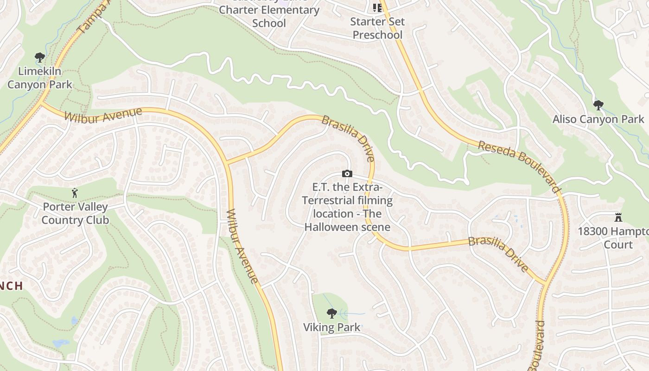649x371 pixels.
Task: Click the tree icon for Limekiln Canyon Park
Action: (x=40, y=58)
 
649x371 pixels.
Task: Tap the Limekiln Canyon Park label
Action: (x=40, y=78)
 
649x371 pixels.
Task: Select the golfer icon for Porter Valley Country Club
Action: (x=75, y=193)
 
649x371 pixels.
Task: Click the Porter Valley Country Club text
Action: (x=75, y=213)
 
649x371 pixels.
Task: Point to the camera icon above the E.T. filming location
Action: (x=347, y=174)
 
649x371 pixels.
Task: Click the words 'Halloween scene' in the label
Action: (x=347, y=227)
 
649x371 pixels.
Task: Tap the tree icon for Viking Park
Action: (x=331, y=313)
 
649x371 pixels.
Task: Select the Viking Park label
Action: (x=331, y=327)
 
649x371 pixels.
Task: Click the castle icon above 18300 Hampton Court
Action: (x=617, y=217)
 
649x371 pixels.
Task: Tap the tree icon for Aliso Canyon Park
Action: (x=598, y=105)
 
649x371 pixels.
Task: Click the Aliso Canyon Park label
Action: (x=598, y=119)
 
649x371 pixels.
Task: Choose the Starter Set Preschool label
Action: (x=377, y=28)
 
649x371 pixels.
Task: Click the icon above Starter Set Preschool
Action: (x=377, y=8)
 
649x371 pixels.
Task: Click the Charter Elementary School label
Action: (x=269, y=16)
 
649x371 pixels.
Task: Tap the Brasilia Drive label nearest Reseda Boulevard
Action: (x=498, y=254)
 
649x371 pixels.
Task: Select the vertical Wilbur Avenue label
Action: (x=242, y=246)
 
